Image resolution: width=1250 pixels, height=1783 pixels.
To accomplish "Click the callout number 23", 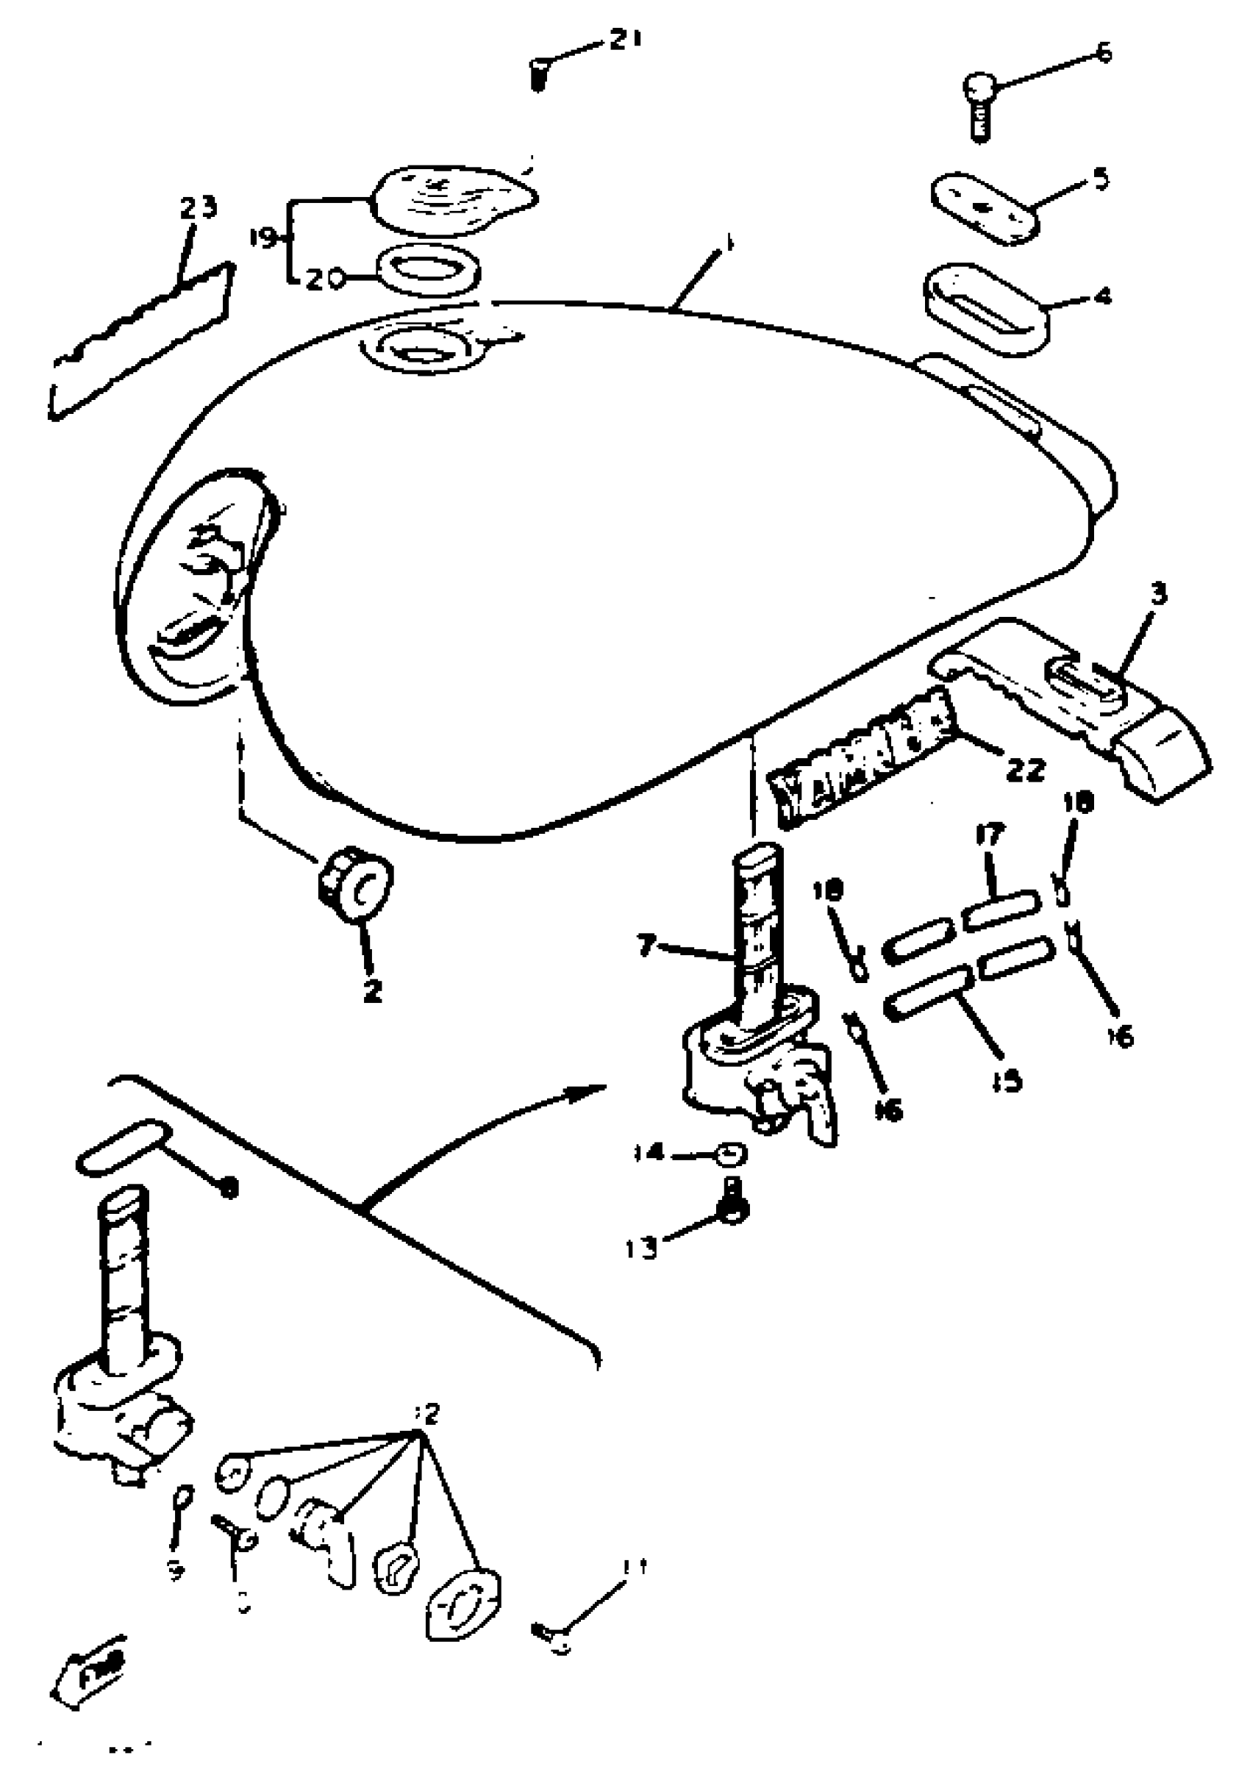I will click(199, 208).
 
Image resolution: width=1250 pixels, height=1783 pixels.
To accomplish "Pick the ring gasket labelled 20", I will click(428, 271).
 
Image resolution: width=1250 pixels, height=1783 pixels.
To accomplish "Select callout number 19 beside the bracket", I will click(263, 238).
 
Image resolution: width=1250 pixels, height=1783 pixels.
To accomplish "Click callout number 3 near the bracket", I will click(1157, 595).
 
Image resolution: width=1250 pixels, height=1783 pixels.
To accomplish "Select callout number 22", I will click(1025, 770).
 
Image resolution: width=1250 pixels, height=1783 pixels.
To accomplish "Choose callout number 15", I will click(1007, 1080).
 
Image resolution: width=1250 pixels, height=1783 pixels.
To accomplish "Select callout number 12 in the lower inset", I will click(427, 1412).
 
